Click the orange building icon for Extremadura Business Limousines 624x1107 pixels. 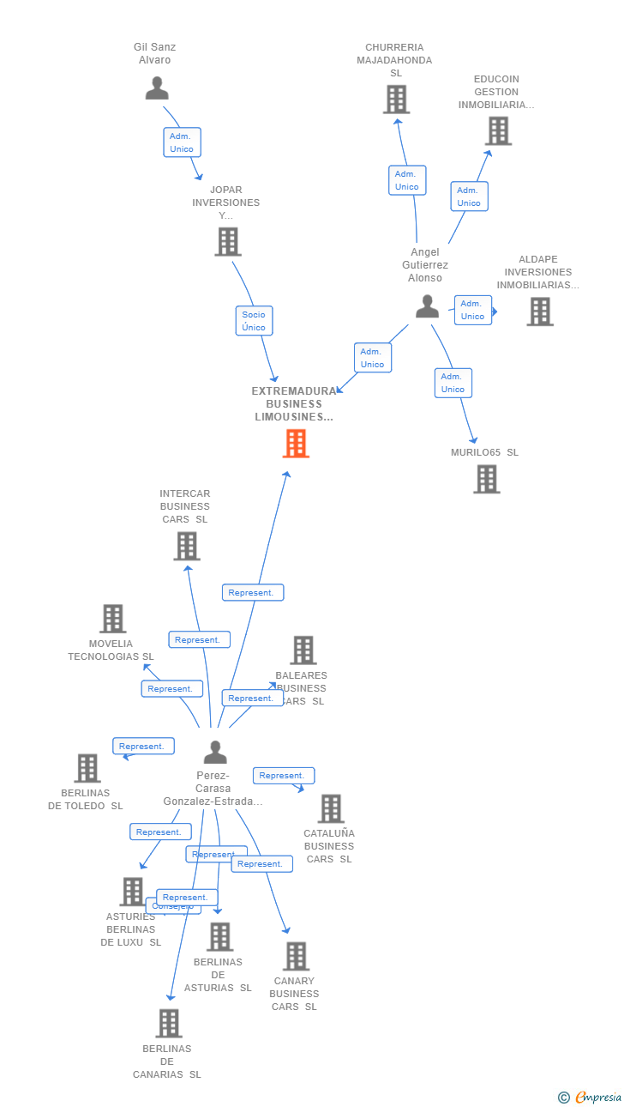296,444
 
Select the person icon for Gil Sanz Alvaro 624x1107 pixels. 157,88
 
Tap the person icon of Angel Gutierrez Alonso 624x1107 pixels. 427,306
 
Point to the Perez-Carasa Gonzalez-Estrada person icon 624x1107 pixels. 215,753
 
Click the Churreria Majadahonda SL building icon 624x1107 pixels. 396,100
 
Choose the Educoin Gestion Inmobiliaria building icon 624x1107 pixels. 498,131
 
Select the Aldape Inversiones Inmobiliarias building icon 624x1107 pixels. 539,312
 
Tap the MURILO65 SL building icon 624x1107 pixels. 486,479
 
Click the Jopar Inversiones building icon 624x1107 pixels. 227,242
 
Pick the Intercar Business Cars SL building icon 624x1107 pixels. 186,546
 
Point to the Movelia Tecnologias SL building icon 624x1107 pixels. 112,619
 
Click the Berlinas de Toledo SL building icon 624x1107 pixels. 87,768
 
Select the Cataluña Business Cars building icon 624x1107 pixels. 330,808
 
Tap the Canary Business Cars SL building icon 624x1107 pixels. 296,956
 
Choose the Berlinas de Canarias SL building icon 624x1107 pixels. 169,1023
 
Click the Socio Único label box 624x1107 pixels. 254,321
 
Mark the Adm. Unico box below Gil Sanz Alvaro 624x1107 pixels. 182,142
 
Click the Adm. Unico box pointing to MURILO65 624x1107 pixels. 453,383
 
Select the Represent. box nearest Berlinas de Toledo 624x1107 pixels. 143,747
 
